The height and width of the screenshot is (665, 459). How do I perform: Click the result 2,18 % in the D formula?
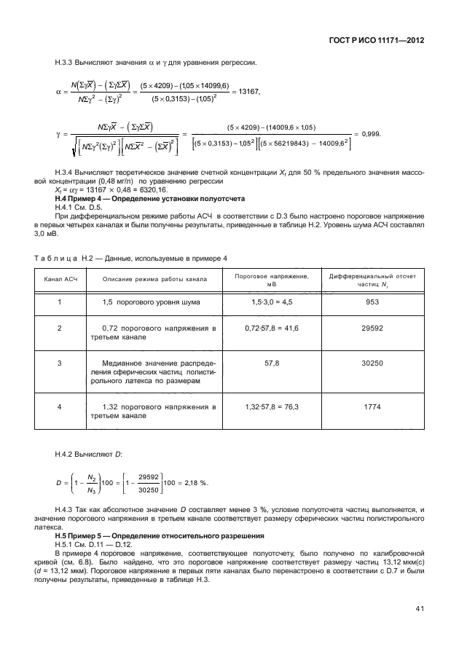click(194, 482)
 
